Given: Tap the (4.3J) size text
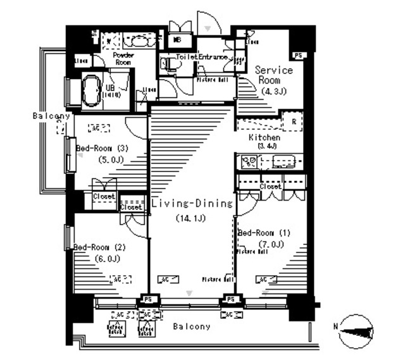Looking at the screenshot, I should coord(273,91).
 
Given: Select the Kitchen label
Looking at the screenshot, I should coord(265,137).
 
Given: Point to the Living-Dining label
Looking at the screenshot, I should coord(192,204).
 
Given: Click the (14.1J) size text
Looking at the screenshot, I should coord(191,219).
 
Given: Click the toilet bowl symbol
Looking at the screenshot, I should coord(166,63).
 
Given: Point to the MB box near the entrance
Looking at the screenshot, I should coord(179,40).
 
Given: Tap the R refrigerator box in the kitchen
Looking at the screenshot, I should coord(294,122).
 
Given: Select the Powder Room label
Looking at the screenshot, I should coord(122,59).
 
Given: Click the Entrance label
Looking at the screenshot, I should coord(215,57).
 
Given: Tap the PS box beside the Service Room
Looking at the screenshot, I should coord(299,55).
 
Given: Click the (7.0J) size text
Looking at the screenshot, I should coord(270,244).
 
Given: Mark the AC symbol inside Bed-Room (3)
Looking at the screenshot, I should coord(99,127).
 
